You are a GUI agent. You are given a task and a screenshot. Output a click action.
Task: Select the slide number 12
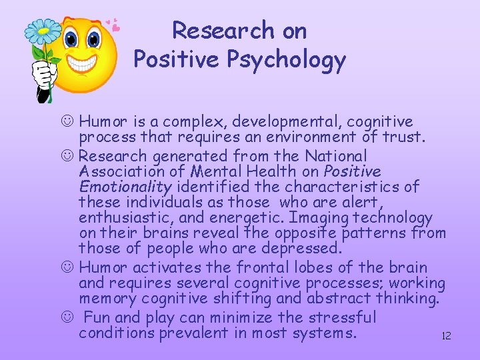click(446, 336)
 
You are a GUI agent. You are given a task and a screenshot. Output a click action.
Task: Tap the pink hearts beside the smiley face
click(115, 25)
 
